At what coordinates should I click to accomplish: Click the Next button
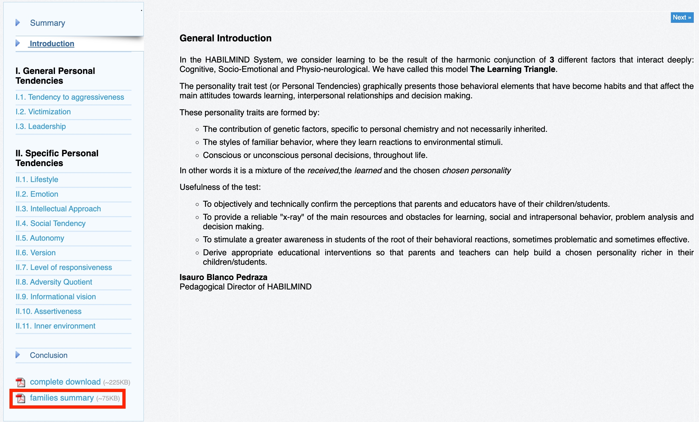tap(682, 18)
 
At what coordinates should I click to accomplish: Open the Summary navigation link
tap(48, 23)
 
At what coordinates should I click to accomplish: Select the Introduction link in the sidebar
tap(52, 44)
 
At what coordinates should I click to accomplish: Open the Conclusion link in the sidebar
tap(48, 355)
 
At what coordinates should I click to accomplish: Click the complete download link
tap(65, 382)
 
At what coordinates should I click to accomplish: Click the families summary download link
tap(62, 398)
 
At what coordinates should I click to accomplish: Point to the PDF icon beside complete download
tap(21, 382)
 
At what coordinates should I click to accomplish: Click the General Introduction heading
tap(226, 38)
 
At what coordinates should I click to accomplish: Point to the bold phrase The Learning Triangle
tap(513, 69)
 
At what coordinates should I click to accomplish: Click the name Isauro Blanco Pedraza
tap(223, 277)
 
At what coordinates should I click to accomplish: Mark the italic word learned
tap(368, 171)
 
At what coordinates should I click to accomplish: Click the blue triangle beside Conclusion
tap(18, 355)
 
